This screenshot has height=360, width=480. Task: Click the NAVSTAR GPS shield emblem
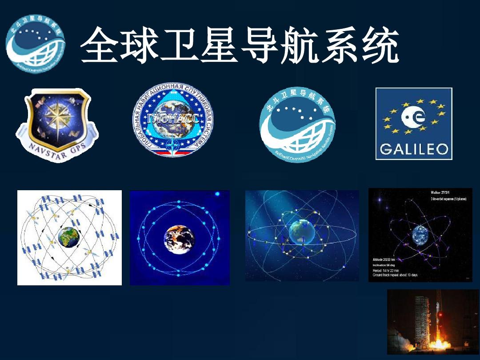[x=57, y=122]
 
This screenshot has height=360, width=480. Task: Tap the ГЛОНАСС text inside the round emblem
[x=173, y=117]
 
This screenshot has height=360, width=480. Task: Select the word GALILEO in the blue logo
[x=413, y=149]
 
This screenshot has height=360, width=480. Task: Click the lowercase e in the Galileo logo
[x=420, y=117]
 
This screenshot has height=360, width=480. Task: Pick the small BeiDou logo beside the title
[x=36, y=44]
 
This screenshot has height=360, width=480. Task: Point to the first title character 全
[x=99, y=46]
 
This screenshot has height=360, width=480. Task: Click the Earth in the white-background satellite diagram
[x=68, y=237]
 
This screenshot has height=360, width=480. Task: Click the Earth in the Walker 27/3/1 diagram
[x=420, y=234]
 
